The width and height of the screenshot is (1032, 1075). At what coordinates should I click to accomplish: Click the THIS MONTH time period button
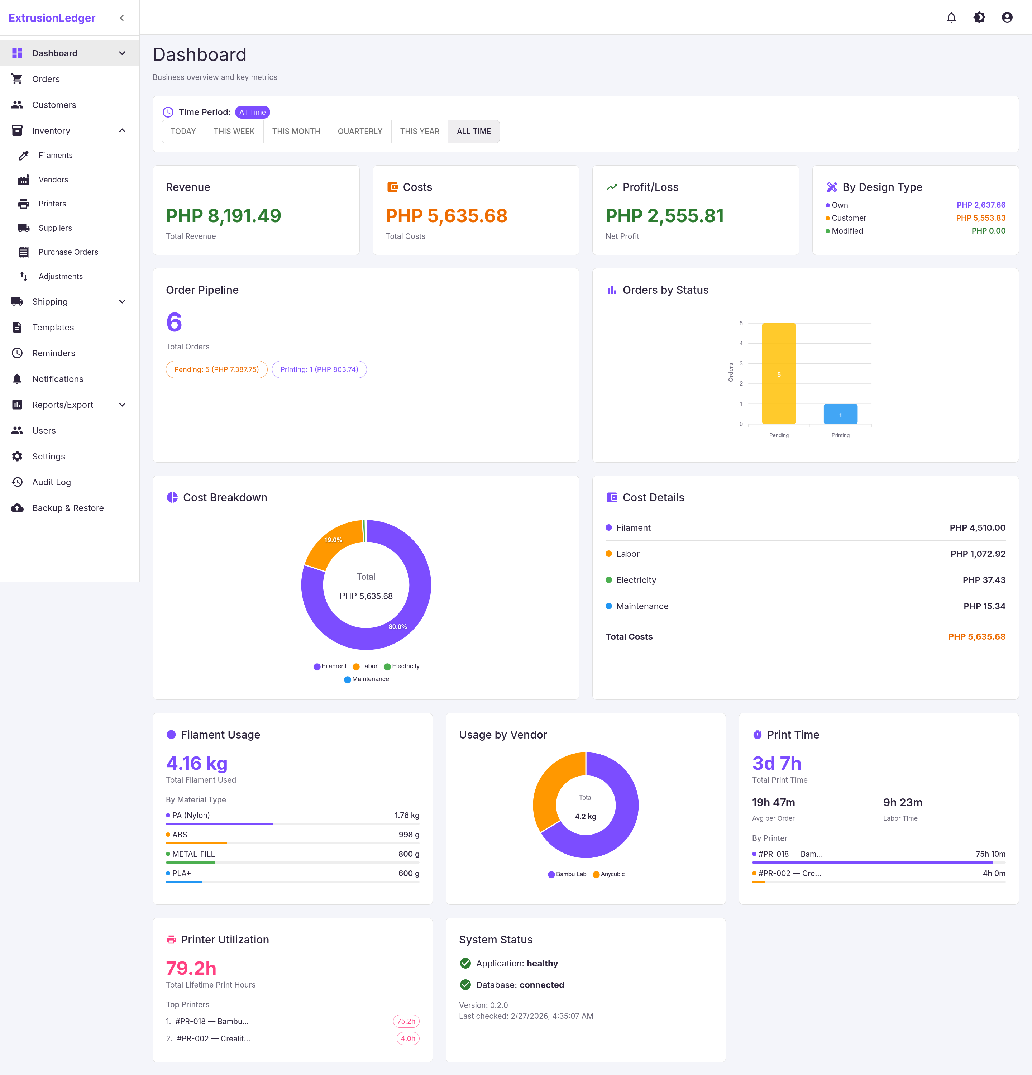coord(296,131)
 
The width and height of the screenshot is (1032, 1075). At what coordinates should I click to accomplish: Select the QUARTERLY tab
coord(360,131)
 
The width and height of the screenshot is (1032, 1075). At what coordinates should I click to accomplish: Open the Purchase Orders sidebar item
coord(68,252)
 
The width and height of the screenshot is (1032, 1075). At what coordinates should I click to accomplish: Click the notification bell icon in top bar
coord(951,18)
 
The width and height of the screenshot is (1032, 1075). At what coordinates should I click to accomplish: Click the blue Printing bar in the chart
coord(840,414)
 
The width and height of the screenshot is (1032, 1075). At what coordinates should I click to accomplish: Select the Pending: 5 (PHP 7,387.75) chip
coord(216,369)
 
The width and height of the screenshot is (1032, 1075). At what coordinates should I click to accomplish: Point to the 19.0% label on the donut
coord(333,540)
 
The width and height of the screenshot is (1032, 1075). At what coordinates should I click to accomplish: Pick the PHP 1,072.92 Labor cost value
coord(978,553)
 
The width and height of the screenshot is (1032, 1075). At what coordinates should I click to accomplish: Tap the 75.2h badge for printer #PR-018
coord(406,1021)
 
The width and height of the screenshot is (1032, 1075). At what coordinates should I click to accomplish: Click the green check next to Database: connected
coord(465,984)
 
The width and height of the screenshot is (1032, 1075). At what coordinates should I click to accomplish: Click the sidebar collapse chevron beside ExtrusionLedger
coord(122,18)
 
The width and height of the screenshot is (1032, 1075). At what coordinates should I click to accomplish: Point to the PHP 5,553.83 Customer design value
coord(980,218)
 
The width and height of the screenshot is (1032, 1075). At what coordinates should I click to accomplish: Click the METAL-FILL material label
coord(193,854)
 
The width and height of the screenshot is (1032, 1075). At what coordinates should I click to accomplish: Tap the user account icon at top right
coord(1007,18)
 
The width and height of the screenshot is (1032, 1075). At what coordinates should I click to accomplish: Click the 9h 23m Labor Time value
coord(902,802)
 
